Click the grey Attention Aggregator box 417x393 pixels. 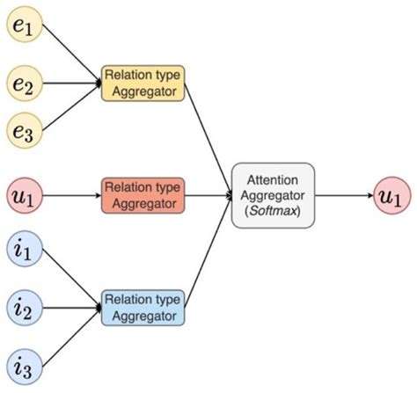(273, 194)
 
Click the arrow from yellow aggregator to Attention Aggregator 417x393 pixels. (208, 132)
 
